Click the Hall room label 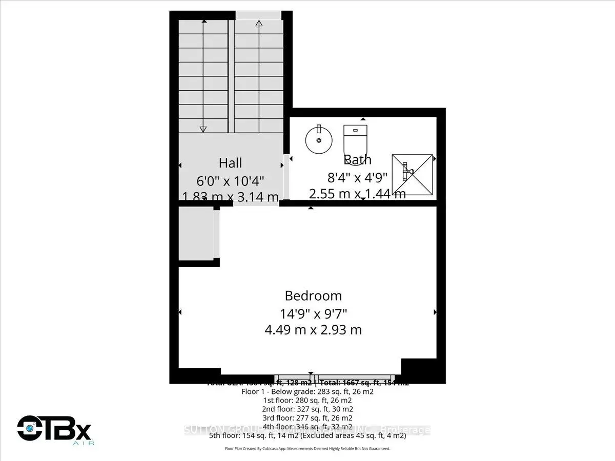(x=231, y=163)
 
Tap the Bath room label (x=357, y=160)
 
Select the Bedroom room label (x=313, y=296)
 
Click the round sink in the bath (x=319, y=139)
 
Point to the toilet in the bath (x=356, y=139)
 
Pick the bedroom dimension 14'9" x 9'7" (x=313, y=312)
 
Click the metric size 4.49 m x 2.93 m (x=313, y=329)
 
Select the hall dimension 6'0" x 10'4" (x=231, y=180)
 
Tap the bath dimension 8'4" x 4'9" (x=358, y=177)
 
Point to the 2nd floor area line (x=307, y=409)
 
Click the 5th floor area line (x=307, y=436)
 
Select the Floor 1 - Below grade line (x=307, y=391)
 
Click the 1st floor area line (x=307, y=400)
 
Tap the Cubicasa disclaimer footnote (x=307, y=449)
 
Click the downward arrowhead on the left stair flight (x=203, y=129)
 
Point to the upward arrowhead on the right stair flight (x=259, y=23)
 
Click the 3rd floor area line (x=307, y=418)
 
